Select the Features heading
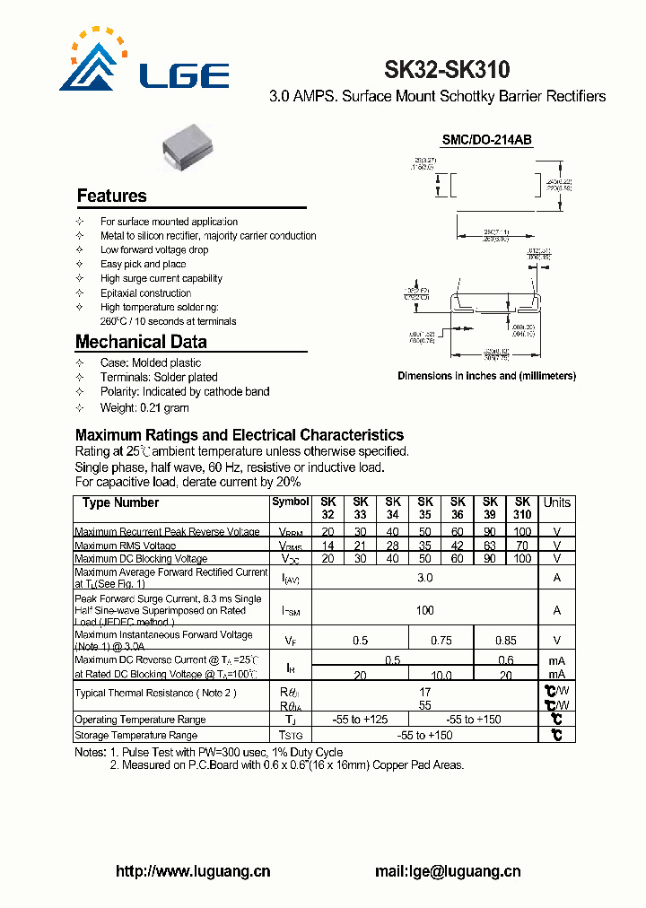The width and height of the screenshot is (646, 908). point(111,196)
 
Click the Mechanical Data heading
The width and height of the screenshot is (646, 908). point(141,342)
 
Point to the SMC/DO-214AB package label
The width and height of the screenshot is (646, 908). point(487,140)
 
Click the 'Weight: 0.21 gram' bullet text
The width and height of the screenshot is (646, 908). point(144,407)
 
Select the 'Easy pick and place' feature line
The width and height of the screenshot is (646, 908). point(144,265)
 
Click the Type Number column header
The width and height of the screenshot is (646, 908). point(120,503)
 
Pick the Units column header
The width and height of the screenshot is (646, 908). point(556,502)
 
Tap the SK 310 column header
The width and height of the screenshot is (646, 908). point(522,509)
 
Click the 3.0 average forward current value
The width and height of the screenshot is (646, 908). point(424,578)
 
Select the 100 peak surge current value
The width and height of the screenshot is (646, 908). point(424,610)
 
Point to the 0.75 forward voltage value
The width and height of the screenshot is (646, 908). point(441,641)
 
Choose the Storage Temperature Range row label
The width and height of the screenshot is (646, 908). point(135,736)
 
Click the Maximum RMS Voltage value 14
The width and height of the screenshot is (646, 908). point(327,546)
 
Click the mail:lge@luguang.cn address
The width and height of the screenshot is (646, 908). point(447,871)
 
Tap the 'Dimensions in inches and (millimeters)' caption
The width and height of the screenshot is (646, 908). point(486,376)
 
